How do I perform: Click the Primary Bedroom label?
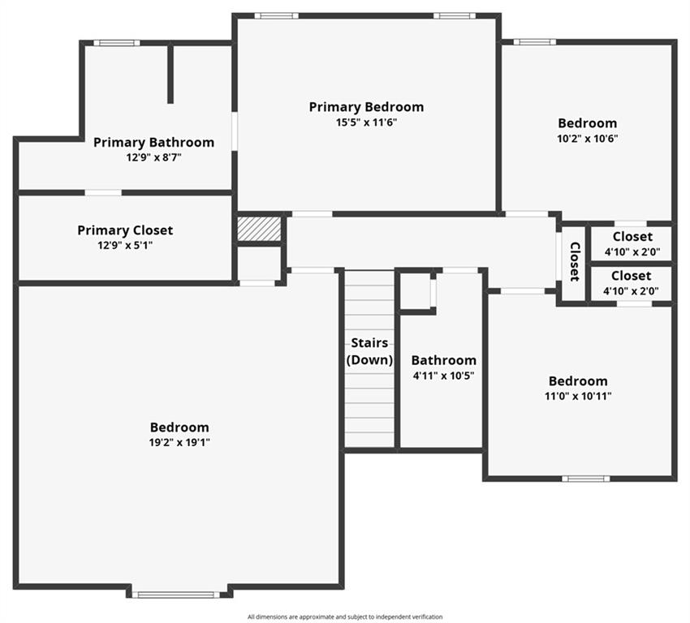(366, 107)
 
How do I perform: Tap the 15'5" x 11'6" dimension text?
(366, 122)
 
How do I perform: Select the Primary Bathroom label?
(153, 143)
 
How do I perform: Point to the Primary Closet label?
(125, 230)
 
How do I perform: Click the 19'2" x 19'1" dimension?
(179, 442)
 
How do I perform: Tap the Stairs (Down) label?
(369, 351)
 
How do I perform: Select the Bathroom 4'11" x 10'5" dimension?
(443, 376)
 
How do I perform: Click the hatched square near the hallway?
(259, 229)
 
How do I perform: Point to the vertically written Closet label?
(575, 261)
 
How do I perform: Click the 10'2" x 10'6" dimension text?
(588, 139)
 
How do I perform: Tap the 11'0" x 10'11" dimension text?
(578, 396)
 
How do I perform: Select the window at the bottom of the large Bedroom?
(176, 595)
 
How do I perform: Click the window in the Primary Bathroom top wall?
(117, 43)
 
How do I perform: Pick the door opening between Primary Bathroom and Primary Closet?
(103, 192)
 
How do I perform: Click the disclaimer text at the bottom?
(345, 617)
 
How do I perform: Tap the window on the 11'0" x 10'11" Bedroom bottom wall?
(586, 479)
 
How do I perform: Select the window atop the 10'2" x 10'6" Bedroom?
(535, 42)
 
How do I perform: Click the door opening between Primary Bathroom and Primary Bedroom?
(235, 131)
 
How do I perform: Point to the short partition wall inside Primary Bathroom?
(170, 75)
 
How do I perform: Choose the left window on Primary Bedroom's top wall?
(276, 16)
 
